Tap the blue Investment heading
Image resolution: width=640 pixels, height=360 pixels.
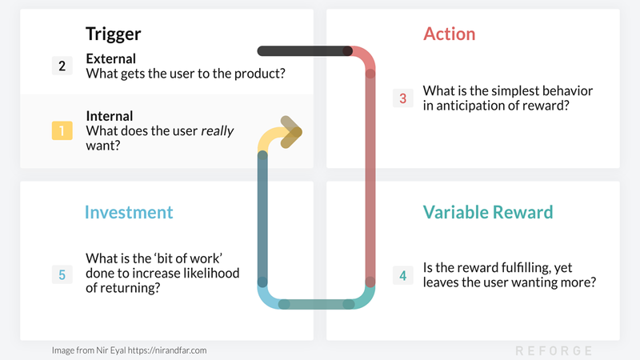129,212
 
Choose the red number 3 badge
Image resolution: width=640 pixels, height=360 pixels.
402,98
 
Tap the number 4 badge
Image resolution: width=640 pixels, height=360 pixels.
402,275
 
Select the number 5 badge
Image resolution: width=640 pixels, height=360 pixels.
62,274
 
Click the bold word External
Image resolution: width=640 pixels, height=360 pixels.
110,58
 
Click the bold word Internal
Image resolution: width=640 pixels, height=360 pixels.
110,116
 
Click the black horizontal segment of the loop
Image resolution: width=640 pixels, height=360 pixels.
300,51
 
